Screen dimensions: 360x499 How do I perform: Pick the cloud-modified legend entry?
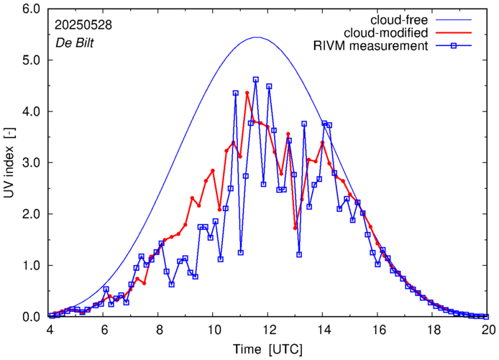coord(386,32)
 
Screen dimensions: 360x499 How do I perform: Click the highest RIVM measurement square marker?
coord(256,80)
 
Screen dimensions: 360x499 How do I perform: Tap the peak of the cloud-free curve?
coord(257,37)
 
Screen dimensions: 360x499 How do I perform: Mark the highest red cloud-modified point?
coord(247,93)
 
